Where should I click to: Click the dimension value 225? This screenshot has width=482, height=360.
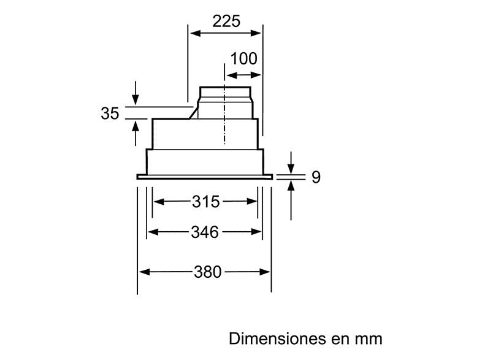(226, 21)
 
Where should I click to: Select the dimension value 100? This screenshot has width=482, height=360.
(243, 59)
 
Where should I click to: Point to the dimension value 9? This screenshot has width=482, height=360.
(316, 178)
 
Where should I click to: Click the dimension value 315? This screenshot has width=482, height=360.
(205, 201)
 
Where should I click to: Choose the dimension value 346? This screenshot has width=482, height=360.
(205, 232)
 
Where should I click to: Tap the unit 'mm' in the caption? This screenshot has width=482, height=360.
(369, 339)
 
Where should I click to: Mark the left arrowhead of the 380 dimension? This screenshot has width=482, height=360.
(142, 272)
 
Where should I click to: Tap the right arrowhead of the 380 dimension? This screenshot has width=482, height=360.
(267, 272)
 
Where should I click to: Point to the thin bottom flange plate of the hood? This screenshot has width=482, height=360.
(204, 177)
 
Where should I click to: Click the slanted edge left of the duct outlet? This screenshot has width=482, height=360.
(194, 112)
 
